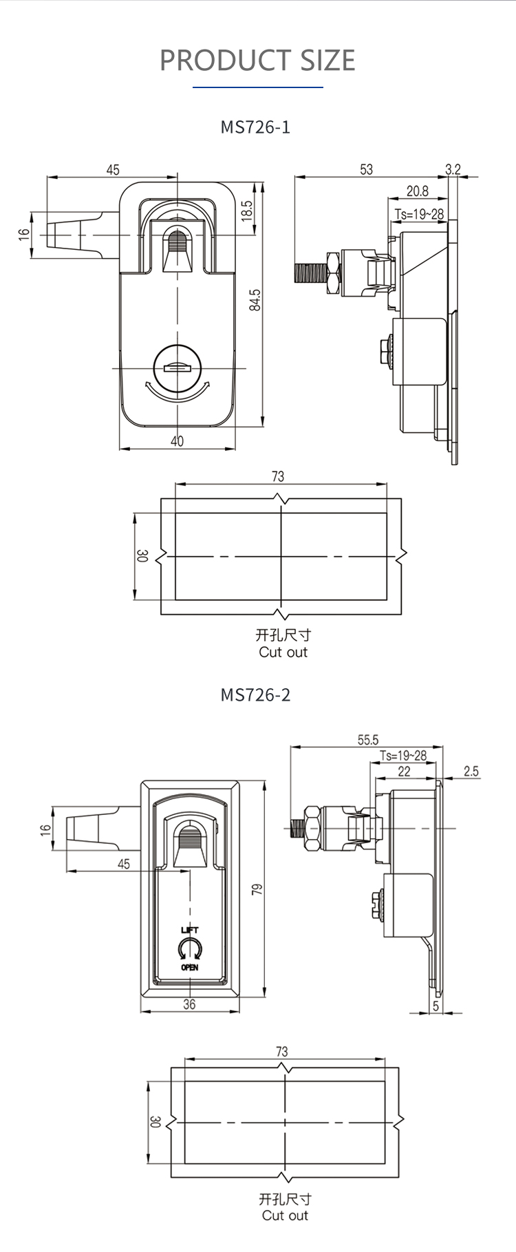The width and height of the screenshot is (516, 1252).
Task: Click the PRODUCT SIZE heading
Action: [257, 61]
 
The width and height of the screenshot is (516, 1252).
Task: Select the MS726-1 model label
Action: [255, 127]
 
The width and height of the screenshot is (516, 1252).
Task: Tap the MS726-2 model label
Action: [255, 694]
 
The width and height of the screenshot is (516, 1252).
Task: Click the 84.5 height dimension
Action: [255, 300]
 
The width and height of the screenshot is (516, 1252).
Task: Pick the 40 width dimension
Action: [178, 441]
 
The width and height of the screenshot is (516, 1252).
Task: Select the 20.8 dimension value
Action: [417, 191]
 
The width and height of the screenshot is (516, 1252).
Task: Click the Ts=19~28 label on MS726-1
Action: [419, 214]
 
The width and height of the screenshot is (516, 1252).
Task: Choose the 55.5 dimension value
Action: [368, 740]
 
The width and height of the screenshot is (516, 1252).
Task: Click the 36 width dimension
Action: [189, 1004]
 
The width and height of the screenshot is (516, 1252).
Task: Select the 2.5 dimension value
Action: [471, 772]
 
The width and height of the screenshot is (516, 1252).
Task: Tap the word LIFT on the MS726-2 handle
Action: [190, 931]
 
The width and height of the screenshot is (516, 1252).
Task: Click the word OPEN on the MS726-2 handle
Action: [190, 967]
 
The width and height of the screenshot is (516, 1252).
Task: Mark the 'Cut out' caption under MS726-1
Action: [283, 652]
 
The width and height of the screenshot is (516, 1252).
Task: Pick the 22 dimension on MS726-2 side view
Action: [405, 772]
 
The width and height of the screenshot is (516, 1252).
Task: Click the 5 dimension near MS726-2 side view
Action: [436, 1006]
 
